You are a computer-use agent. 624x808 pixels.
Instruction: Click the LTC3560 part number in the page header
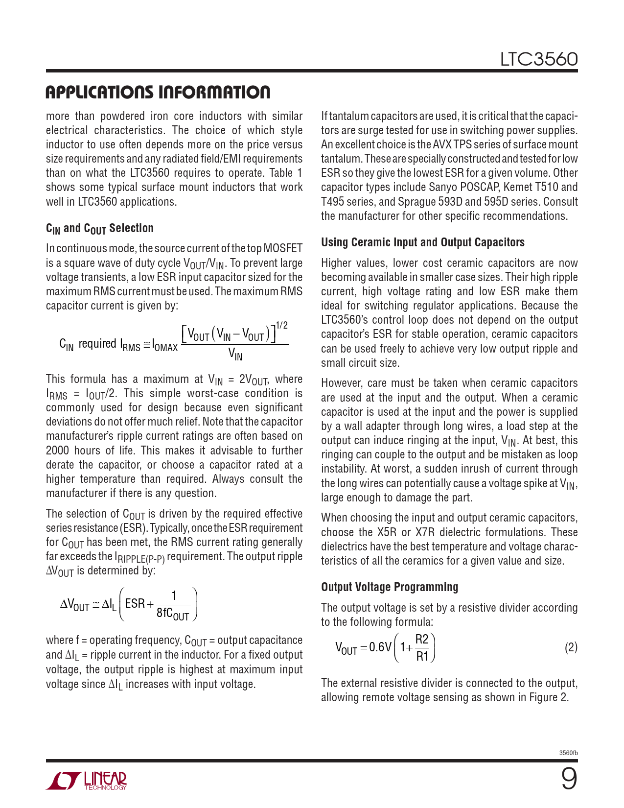(538, 60)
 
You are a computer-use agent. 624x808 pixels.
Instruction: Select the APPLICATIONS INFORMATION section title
(158, 93)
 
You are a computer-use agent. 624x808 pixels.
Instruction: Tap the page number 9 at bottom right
(569, 779)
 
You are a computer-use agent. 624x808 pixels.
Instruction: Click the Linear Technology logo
(87, 781)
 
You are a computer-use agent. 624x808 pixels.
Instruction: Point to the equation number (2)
(571, 648)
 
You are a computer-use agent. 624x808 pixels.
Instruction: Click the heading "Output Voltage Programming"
(390, 587)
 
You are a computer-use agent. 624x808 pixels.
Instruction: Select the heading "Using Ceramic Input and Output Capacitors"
(423, 242)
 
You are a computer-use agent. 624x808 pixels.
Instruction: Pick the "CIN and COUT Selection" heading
(100, 228)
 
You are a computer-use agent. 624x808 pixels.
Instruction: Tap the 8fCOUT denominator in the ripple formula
(173, 614)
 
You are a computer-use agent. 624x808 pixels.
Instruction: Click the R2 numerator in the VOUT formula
(421, 639)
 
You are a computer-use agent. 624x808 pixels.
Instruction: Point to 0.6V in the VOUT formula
(380, 647)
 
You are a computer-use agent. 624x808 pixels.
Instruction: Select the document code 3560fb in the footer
(568, 753)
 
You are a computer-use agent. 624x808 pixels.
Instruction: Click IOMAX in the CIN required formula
(165, 346)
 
